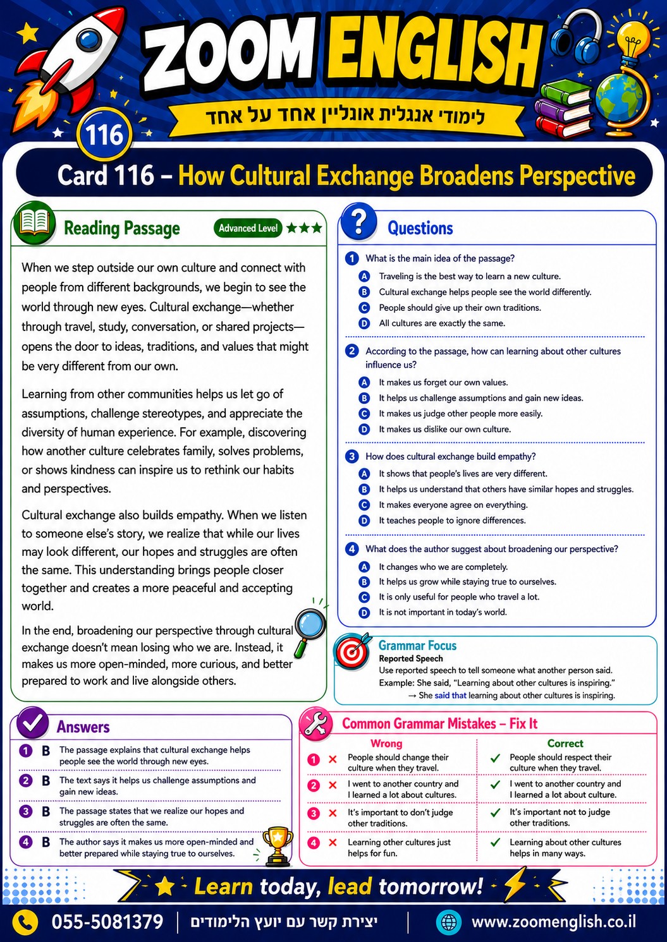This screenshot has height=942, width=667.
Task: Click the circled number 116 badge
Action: coord(104,135)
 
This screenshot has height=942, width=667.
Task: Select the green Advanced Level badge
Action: coord(248,228)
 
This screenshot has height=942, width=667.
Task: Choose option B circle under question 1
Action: coord(364,292)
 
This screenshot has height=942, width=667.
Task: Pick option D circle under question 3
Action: coord(364,521)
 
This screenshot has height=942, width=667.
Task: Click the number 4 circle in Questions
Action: coord(352,549)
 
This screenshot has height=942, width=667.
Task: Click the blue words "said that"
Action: coord(450,695)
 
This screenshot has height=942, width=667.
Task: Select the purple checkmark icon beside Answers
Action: coord(33,723)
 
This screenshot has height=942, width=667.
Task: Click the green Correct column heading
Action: coord(565,744)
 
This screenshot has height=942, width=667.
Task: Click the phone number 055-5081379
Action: coord(107,922)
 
